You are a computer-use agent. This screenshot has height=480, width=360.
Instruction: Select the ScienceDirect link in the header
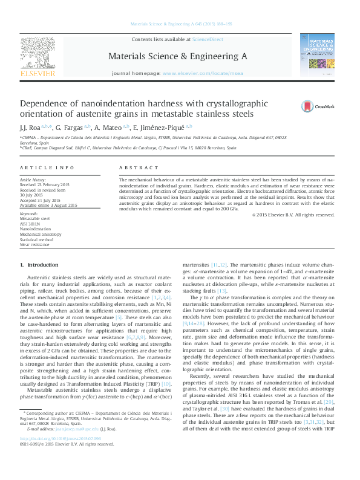point(208,39)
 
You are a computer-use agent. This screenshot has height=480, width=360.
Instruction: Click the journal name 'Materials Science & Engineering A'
point(177,56)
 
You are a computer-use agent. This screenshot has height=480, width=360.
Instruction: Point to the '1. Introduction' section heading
point(39,265)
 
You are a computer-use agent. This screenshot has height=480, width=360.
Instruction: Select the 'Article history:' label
point(33,180)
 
